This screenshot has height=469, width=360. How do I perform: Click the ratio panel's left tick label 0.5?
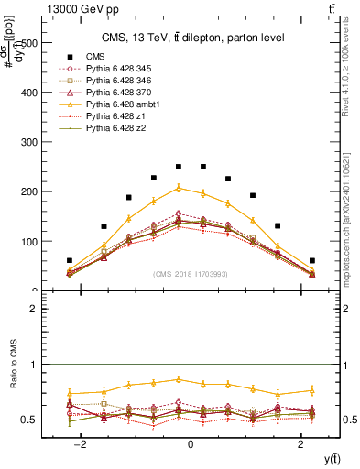[29, 420]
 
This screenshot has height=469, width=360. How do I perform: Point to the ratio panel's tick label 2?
[33, 310]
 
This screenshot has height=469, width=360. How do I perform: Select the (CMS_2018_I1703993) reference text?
[191, 274]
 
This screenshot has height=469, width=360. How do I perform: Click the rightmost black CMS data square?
[312, 260]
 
